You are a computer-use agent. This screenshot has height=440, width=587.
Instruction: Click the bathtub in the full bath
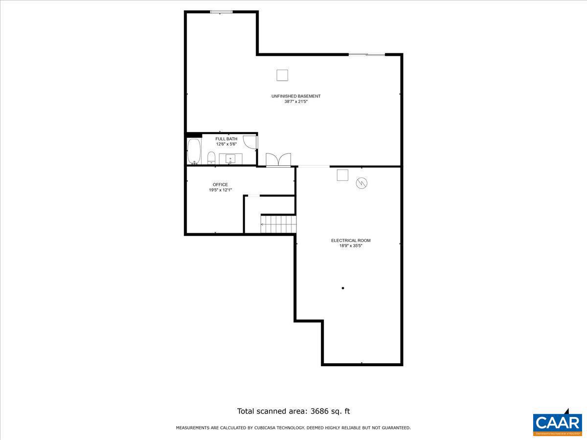[x=194, y=152]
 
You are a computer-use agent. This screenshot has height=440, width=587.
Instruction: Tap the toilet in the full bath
[x=211, y=157]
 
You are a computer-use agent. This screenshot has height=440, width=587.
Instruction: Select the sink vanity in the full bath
[x=230, y=158]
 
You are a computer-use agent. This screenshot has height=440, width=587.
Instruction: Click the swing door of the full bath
[x=250, y=142]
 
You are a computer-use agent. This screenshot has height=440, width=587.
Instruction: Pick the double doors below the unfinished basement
[x=278, y=160]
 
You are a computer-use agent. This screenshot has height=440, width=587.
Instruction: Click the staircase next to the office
[x=278, y=224]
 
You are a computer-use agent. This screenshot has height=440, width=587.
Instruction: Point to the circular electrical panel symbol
[x=361, y=183]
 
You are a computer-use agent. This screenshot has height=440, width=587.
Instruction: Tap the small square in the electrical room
[x=342, y=175]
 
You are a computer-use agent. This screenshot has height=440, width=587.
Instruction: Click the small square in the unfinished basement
[x=282, y=75]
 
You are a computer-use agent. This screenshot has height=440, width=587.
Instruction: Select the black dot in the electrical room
[x=343, y=288]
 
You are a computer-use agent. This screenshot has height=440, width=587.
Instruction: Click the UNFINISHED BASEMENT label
[x=296, y=96]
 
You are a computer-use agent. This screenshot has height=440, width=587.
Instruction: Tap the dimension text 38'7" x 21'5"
[x=296, y=102]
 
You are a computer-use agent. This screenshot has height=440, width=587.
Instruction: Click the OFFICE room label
[x=220, y=185]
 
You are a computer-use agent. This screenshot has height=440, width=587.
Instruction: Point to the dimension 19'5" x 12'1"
[x=220, y=190]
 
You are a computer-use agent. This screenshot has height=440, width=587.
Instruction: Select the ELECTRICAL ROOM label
[x=351, y=241]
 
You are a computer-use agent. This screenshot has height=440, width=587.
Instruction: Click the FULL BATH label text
[x=226, y=139]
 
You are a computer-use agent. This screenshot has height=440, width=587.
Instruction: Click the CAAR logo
[x=557, y=422]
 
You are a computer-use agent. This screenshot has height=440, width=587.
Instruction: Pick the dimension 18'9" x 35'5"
[x=351, y=246]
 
